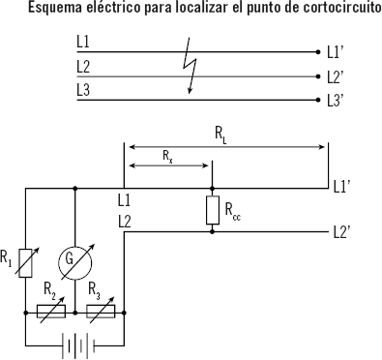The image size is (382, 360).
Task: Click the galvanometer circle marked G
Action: coord(74,259)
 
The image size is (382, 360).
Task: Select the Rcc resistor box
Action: coord(212,210)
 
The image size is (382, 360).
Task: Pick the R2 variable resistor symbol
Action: coord(51,312)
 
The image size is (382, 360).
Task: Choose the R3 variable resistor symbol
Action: coord(101,312)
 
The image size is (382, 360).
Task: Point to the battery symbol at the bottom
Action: coord(74,345)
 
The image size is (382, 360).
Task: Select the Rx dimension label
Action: coord(167,155)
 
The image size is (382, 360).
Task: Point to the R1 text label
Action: coord(8,257)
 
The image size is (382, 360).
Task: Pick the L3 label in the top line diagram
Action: coord(83,89)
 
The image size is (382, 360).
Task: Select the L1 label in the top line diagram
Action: coord(83,44)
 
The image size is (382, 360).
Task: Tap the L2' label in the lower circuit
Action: coord(340,231)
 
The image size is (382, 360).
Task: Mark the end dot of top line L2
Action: coord(318,76)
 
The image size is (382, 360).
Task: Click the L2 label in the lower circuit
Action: coord(124,222)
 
